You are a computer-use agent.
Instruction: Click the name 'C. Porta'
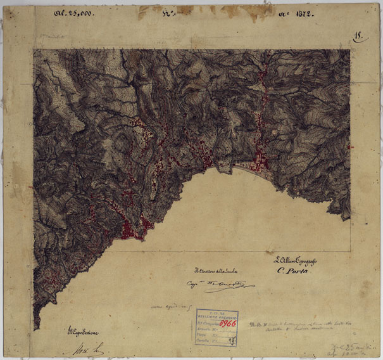[291, 271]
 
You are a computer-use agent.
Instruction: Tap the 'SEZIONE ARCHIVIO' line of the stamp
[217, 317]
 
